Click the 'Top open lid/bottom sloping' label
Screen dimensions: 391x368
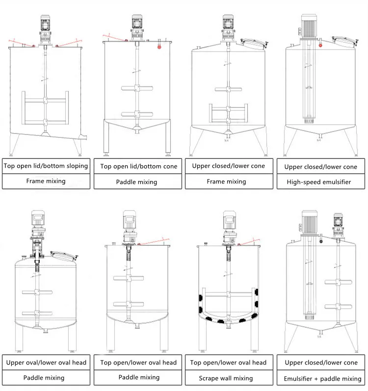coord(46,166)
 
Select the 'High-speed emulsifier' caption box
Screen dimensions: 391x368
coord(321,182)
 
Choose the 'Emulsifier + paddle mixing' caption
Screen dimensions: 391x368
coord(322,378)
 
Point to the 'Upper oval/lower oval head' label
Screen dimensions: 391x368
coord(46,363)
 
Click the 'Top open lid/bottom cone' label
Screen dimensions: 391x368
coord(139,166)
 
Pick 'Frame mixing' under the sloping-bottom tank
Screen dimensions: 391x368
coord(46,181)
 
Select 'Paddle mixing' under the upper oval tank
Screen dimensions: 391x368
coord(46,378)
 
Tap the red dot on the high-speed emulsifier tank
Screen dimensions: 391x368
coord(320,45)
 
